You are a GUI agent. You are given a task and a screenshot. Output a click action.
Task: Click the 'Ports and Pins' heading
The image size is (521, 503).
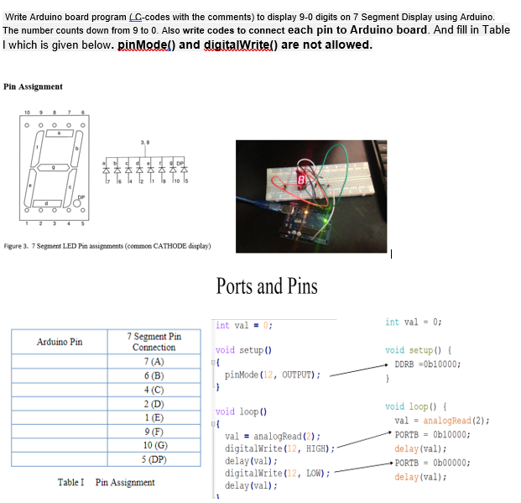pyautogui.click(x=267, y=286)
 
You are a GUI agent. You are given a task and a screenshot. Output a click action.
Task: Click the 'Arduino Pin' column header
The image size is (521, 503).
pyautogui.click(x=60, y=342)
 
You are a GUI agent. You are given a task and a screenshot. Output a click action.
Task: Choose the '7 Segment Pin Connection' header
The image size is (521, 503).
pyautogui.click(x=154, y=342)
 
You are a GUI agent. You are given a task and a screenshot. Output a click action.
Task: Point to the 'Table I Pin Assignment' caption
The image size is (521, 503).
pyautogui.click(x=106, y=482)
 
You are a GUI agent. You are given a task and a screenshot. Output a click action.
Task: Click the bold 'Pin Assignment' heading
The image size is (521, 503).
pyautogui.click(x=33, y=86)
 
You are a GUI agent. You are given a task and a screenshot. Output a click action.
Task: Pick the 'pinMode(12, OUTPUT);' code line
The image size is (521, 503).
pyautogui.click(x=273, y=375)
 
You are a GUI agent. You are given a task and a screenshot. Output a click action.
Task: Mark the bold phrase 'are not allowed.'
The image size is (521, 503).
pyautogui.click(x=323, y=44)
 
